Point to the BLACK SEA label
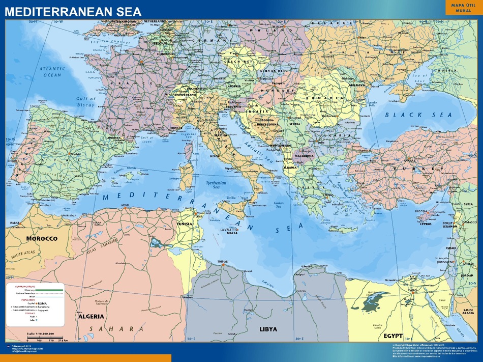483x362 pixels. pyautogui.click(x=418, y=115)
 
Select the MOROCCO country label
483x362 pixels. pyautogui.click(x=42, y=238)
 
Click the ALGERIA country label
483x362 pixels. pyautogui.click(x=92, y=316)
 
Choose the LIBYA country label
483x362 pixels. pyautogui.click(x=268, y=329)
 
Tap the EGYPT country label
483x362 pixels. pyautogui.click(x=393, y=336)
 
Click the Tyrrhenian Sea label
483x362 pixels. pyautogui.click(x=216, y=184)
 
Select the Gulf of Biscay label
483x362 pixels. pyautogui.click(x=85, y=101)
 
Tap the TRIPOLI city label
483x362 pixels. pyautogui.click(x=223, y=262)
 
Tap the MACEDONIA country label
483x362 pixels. pyautogui.click(x=304, y=156)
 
